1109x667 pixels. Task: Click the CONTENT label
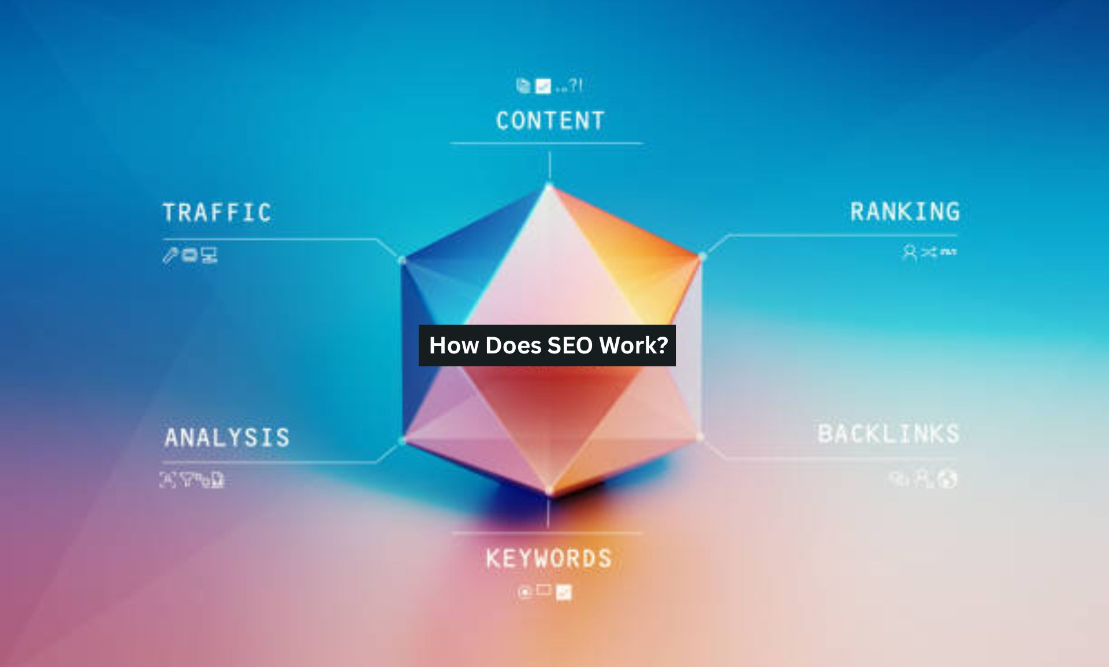tap(550, 121)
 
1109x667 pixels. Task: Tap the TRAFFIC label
tap(217, 213)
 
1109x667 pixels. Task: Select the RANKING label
tap(905, 211)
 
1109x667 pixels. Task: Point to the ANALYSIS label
tap(227, 437)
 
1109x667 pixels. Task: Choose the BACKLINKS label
tap(888, 434)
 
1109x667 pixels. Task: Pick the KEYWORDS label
tap(549, 558)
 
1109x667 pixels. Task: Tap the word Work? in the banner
tap(634, 345)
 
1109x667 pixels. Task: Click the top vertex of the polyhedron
tap(549, 185)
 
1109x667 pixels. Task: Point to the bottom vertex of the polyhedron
tap(549, 493)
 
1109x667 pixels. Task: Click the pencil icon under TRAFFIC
tap(170, 255)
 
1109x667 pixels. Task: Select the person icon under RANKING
tap(910, 252)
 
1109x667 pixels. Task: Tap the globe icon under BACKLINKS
tap(948, 479)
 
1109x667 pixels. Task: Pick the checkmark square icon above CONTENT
tap(543, 86)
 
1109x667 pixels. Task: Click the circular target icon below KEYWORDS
tap(524, 592)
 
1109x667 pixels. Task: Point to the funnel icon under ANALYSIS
tap(187, 479)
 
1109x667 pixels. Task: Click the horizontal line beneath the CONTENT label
tap(546, 143)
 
